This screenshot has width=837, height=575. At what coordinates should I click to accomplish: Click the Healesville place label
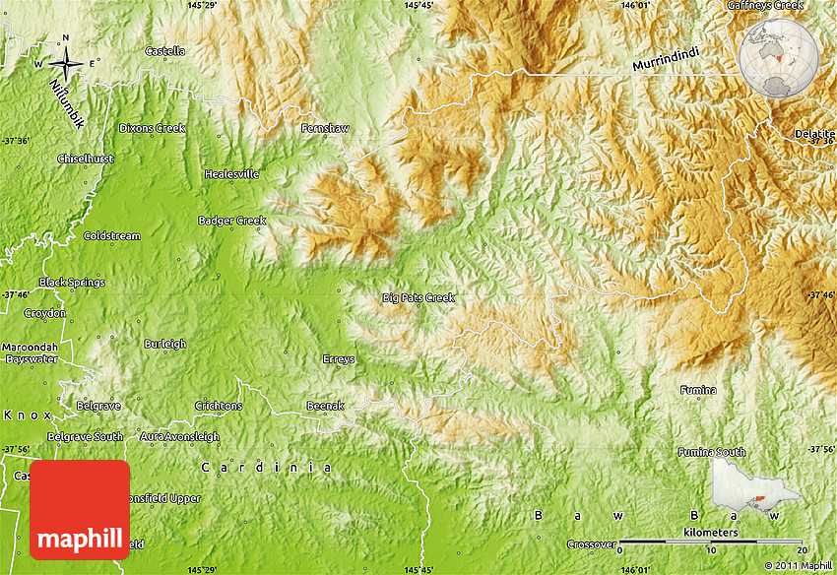click(x=232, y=174)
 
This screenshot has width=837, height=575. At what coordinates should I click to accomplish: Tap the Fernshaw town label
click(x=325, y=129)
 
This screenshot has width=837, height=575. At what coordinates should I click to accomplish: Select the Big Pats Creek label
click(x=418, y=297)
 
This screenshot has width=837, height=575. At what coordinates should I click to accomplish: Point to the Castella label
click(x=164, y=50)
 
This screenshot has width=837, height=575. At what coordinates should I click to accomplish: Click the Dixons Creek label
click(x=152, y=128)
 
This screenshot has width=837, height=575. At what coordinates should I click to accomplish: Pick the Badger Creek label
click(x=231, y=221)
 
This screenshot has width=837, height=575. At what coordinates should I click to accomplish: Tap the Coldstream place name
click(x=111, y=236)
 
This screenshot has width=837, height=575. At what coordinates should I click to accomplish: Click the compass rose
click(x=66, y=63)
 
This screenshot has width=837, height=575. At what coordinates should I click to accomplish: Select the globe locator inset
click(x=779, y=59)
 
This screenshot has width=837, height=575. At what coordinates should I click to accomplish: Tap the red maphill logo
click(x=80, y=510)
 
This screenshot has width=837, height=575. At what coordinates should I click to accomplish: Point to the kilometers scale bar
click(x=714, y=541)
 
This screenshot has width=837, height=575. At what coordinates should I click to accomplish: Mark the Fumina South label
click(x=711, y=452)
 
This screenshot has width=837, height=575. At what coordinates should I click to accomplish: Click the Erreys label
click(x=339, y=359)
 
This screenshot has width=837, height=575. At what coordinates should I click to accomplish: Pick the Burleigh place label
click(x=164, y=344)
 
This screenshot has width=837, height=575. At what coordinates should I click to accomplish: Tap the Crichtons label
click(x=218, y=406)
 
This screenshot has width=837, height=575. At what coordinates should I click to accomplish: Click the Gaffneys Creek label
click(x=765, y=5)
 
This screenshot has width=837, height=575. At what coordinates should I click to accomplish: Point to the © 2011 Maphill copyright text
click(x=799, y=565)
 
